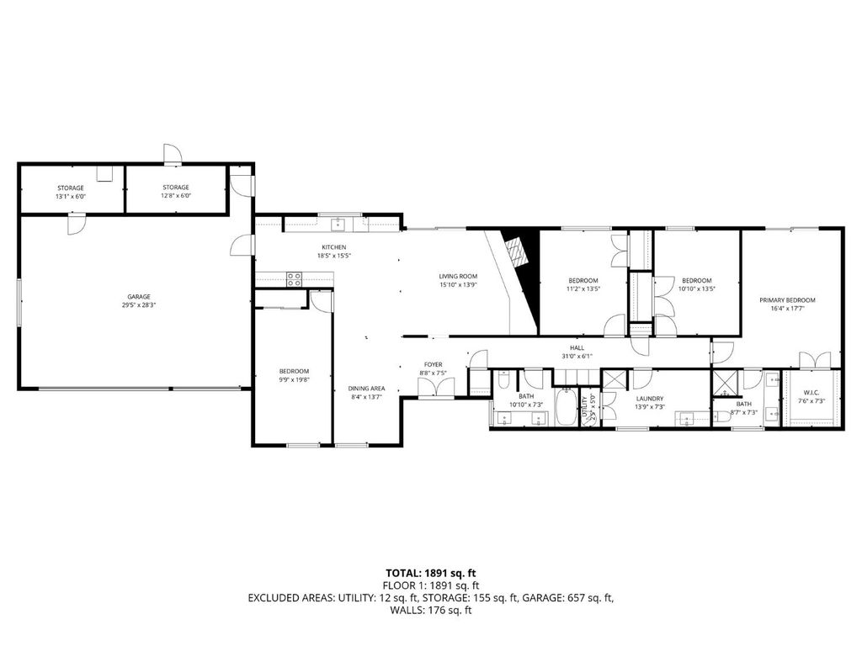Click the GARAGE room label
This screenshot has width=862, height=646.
coord(139,296)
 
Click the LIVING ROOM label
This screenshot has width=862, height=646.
coord(458,276)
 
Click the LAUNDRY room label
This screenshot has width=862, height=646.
coord(649,399)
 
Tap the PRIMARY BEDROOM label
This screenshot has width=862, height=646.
coord(787,299)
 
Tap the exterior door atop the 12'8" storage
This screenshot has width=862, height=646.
coord(172,154)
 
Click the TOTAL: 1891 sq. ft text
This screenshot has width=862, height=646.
coord(430,572)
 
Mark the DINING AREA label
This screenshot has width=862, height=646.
coord(366,388)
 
